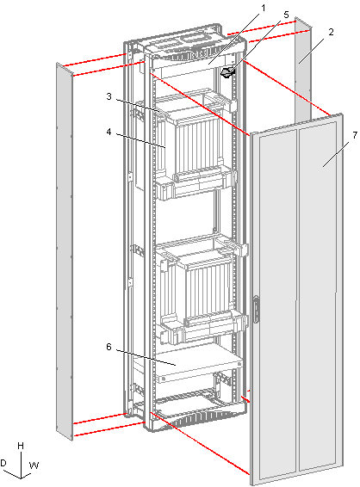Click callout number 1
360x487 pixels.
[264, 8]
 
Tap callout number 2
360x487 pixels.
[331, 32]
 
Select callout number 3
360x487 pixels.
[109, 96]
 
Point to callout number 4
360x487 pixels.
[109, 132]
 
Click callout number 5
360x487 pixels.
[286, 15]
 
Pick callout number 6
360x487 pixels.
[109, 347]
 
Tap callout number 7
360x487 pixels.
[355, 135]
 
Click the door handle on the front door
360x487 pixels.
[256, 310]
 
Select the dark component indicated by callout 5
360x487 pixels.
[227, 72]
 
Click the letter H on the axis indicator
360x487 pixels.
[21, 446]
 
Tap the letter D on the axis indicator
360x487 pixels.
[3, 463]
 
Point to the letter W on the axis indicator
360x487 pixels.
[34, 465]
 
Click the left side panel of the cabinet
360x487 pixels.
[65, 251]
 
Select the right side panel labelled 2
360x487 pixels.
[303, 68]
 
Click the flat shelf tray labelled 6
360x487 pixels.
[199, 363]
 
